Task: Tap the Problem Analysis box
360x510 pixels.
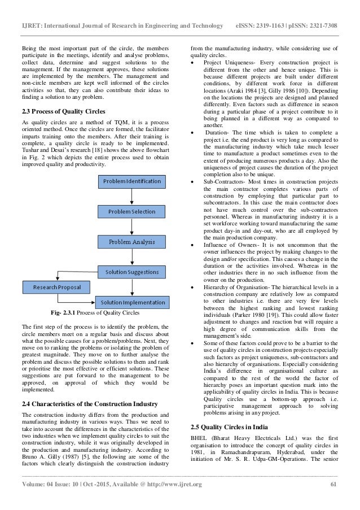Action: coord(131,242)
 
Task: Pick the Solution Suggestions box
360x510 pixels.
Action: coord(131,272)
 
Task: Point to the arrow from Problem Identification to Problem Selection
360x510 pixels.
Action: coord(131,197)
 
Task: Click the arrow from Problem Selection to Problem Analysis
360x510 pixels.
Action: coord(131,226)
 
